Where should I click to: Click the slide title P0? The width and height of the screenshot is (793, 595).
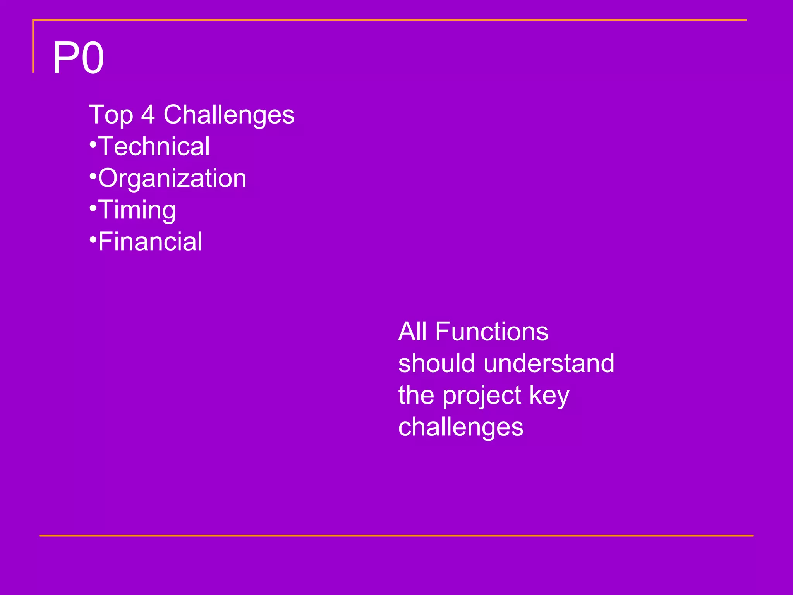coord(79,58)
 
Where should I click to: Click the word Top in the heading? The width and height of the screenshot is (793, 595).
coord(111,115)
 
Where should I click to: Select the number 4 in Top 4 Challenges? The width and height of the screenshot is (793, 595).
coord(148,115)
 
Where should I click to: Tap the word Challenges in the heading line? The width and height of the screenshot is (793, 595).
coord(229,115)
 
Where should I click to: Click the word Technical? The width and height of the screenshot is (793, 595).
coord(154,146)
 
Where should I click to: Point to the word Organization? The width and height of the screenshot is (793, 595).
coord(172,179)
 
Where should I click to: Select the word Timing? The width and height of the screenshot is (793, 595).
coord(137,210)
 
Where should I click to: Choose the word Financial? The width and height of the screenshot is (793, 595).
coord(150,242)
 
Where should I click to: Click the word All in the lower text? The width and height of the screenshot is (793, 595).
coord(413,332)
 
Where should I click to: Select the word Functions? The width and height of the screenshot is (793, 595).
coord(492,332)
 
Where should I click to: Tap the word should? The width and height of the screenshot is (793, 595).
coord(436,363)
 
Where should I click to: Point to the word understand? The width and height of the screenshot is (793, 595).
coord(549,363)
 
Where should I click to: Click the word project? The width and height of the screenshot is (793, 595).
coord(481,396)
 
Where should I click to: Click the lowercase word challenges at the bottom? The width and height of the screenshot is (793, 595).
coord(461,427)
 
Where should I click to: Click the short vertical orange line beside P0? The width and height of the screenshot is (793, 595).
coord(33,46)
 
